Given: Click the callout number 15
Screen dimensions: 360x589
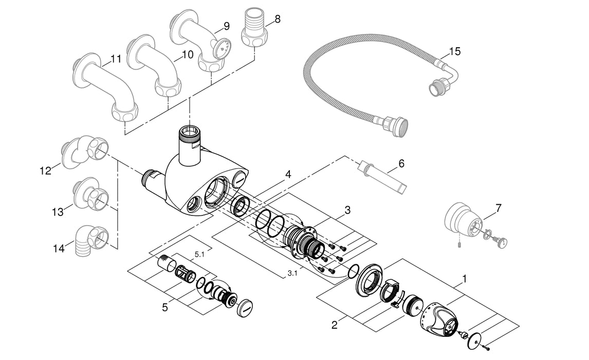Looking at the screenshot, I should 454,51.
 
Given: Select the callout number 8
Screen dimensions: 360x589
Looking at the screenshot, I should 278,20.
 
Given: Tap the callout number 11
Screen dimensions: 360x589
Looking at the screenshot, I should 116,59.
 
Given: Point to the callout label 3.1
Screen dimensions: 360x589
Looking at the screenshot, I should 291,273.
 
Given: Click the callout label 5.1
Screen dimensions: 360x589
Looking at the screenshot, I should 199,254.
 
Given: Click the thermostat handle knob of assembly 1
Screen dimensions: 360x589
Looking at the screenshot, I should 439,317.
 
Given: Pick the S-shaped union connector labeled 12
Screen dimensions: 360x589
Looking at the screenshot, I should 85,152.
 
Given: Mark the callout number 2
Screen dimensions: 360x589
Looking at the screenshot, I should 335,325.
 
